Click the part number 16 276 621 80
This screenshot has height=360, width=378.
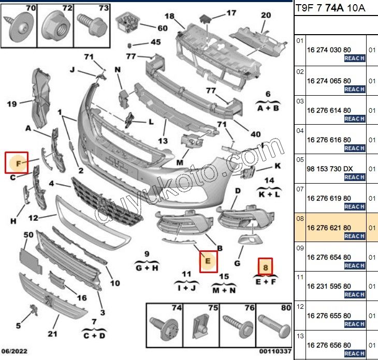click(329, 228)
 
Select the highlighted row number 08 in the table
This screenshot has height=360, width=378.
click(299, 219)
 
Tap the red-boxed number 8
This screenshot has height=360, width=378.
click(266, 267)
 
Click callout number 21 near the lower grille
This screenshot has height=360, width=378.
click(52, 333)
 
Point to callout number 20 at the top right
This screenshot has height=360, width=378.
click(266, 16)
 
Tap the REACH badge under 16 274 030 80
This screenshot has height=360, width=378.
click(355, 58)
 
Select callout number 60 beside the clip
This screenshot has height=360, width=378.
click(162, 28)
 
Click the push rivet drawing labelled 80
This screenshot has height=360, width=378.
click(271, 325)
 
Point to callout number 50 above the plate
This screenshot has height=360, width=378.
click(28, 235)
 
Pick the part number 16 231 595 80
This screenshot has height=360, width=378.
click(329, 286)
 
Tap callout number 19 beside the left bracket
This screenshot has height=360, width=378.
click(12, 104)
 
